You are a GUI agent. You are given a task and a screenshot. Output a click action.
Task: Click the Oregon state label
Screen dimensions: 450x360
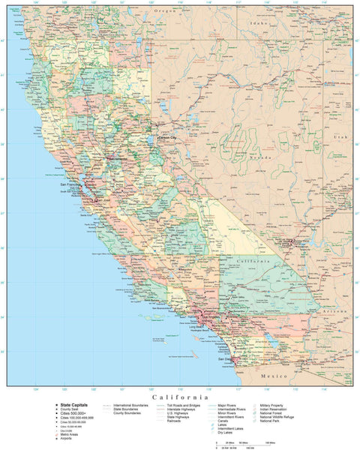pyautogui.click(x=165, y=11)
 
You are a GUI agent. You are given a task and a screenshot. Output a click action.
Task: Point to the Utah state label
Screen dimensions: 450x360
pyautogui.click(x=341, y=138)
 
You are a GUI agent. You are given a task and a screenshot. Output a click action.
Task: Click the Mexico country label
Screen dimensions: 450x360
pyautogui.click(x=274, y=373)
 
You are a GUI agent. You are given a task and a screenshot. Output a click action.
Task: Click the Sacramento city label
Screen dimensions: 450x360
pyautogui.click(x=118, y=159)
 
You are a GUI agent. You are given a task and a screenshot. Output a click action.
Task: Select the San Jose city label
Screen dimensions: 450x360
pyautogui.click(x=97, y=202)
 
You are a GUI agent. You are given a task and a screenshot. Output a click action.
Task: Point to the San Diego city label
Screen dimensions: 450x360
pyautogui.click(x=226, y=359)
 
